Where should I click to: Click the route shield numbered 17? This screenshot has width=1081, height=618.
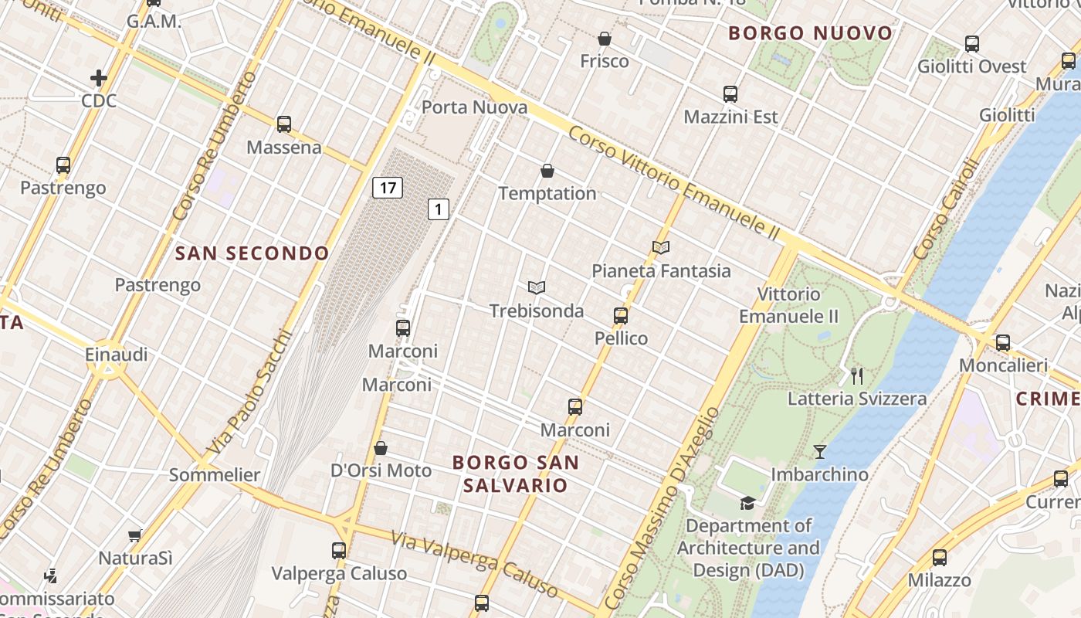[388, 187]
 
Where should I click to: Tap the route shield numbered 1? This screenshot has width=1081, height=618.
[439, 209]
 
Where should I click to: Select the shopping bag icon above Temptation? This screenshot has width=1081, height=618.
[547, 170]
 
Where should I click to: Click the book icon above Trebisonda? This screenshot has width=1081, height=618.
[537, 287]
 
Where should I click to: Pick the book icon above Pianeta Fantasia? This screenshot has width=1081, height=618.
[661, 247]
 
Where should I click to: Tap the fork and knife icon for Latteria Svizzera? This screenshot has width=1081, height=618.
[856, 375]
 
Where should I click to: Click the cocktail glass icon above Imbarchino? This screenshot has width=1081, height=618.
[820, 451]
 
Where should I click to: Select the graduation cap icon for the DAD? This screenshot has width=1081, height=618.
[747, 504]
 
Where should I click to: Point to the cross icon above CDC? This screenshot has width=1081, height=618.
[98, 77]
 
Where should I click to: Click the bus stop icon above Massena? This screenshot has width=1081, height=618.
[284, 124]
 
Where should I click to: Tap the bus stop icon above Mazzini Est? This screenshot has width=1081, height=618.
[730, 94]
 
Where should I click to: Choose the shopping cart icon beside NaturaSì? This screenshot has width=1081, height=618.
[135, 535]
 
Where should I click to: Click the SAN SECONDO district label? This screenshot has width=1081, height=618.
[252, 253]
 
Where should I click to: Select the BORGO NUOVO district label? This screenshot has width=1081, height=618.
[811, 33]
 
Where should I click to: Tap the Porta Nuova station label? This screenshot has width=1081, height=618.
[475, 107]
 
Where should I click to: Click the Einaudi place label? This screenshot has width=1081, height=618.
[116, 355]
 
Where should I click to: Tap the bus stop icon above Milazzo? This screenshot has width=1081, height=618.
[940, 557]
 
